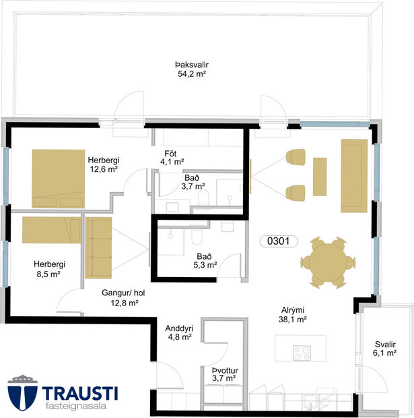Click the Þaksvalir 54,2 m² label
(191, 69)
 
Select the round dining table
(326, 262)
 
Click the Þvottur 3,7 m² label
(223, 374)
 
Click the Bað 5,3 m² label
(205, 260)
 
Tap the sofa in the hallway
(99, 247)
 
